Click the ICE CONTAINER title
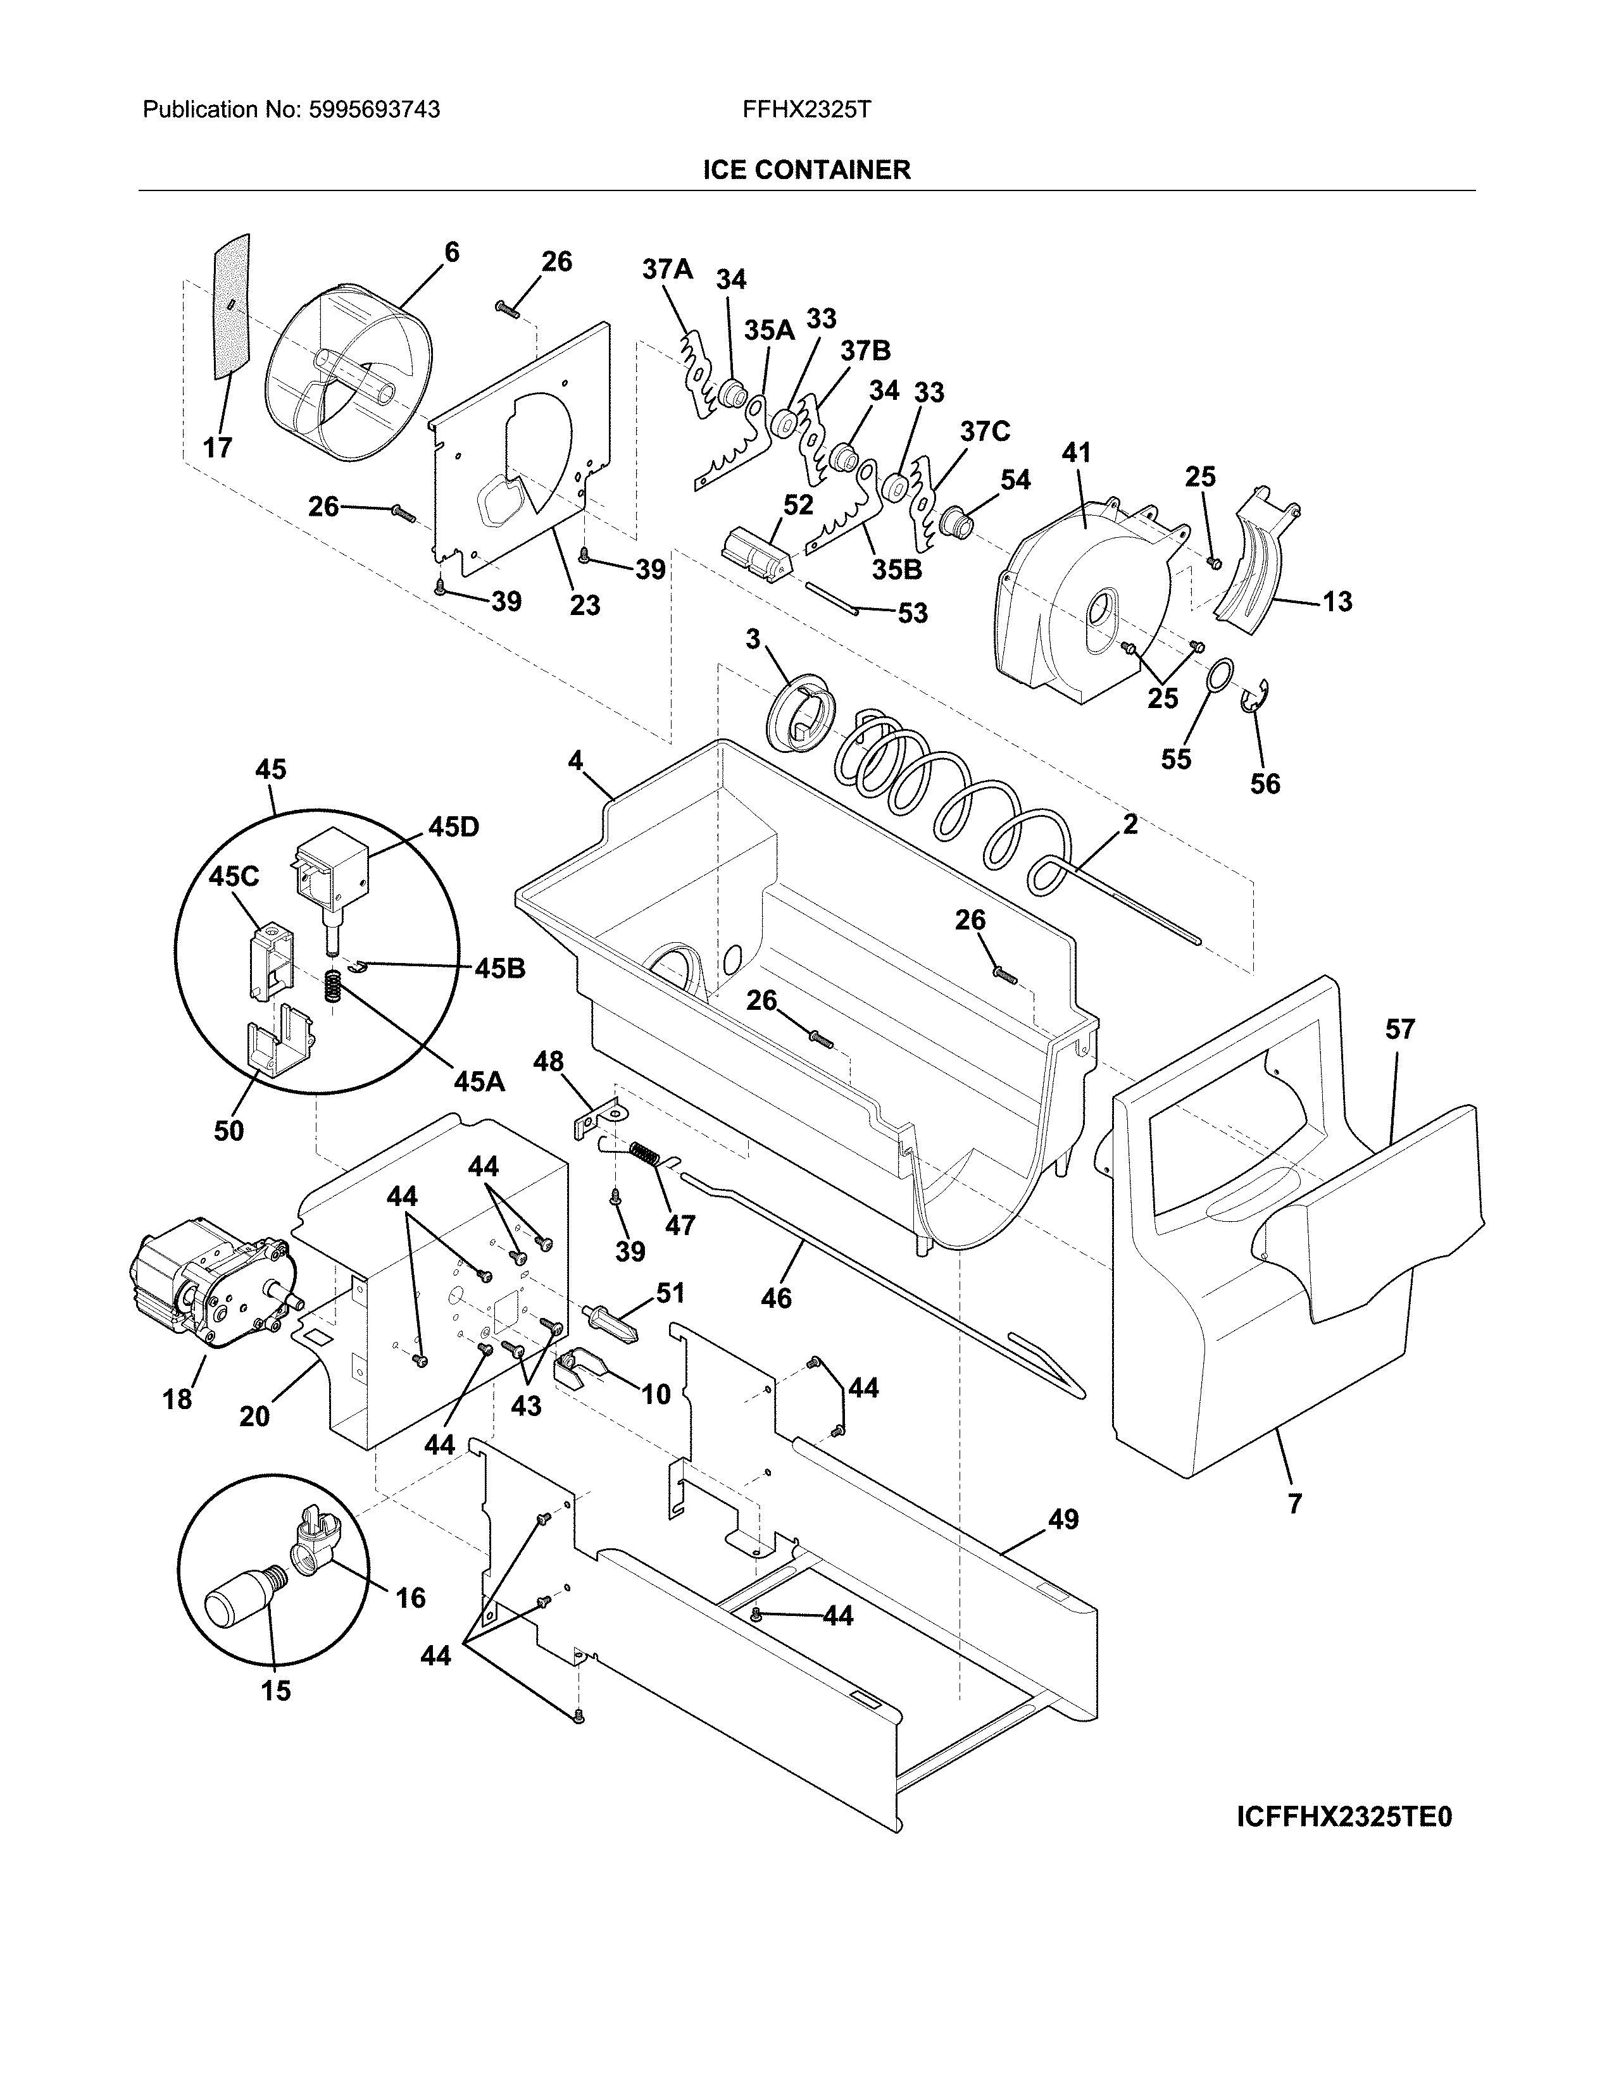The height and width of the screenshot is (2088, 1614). (x=806, y=170)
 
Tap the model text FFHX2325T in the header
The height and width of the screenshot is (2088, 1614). (x=806, y=110)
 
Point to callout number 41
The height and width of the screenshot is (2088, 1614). (x=1077, y=452)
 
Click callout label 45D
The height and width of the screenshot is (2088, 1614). (x=453, y=827)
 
